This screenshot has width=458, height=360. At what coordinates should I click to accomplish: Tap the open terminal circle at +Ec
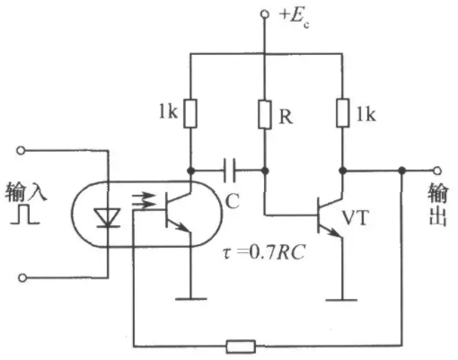coord(265,14)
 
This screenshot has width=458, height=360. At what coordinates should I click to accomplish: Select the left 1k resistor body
coord(190,113)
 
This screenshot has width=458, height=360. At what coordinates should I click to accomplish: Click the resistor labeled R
coord(265,115)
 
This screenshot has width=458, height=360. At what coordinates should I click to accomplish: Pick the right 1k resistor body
coord(343,113)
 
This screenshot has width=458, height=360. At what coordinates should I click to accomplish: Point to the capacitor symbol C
coord(230,171)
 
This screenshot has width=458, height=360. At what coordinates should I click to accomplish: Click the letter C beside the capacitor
coord(232,201)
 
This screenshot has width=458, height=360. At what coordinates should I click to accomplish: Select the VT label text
coord(356,218)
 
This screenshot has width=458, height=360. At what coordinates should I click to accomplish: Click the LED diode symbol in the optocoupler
coord(107,217)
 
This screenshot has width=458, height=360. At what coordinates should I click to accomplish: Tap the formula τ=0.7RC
coord(264,253)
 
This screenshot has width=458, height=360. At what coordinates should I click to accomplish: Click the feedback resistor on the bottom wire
coord(241,347)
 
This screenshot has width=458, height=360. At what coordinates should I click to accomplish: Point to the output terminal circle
coord(437,171)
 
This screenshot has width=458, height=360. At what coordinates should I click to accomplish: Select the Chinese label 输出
coord(438,205)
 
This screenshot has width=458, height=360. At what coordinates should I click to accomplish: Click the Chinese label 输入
coord(26,191)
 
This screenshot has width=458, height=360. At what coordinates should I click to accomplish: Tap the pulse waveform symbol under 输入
coord(25,215)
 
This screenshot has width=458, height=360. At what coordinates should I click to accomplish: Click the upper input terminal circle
coord(21,150)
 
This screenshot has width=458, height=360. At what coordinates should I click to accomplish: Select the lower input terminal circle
coord(22,278)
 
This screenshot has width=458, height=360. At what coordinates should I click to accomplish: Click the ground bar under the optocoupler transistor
coord(190,299)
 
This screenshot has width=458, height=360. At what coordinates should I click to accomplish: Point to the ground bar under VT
coord(341,299)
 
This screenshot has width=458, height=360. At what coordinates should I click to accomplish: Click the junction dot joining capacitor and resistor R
coord(265,171)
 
